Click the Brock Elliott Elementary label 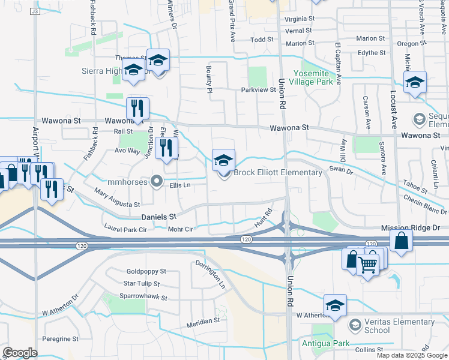pos(277,173)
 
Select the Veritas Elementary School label pos(394,326)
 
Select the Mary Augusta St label pos(117,199)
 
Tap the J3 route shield pos(35,11)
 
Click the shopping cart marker pos(369,262)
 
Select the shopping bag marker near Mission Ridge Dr pos(401,241)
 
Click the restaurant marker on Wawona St pos(137,109)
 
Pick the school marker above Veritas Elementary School pos(335,305)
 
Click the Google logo pos(20,353)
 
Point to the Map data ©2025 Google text pos(411,355)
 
